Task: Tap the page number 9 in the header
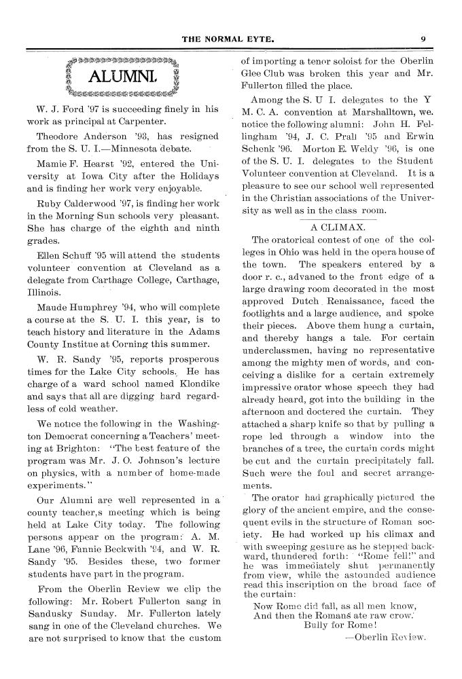tap(423, 39)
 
